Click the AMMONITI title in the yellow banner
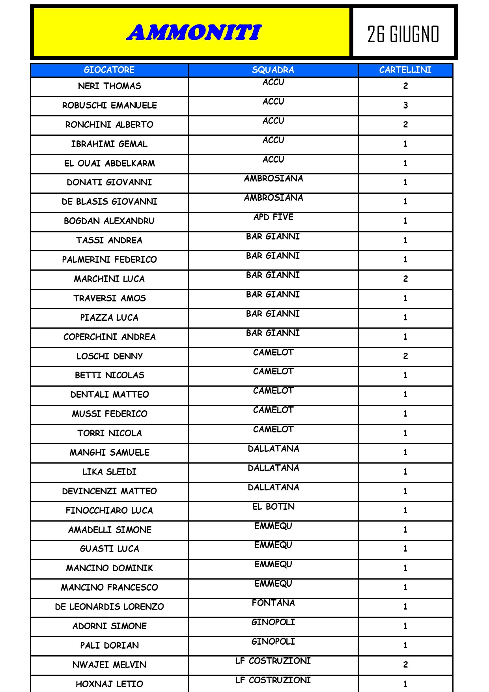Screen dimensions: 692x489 pos(194,33)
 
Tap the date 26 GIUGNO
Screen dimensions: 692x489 pos(403,34)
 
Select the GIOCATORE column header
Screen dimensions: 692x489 pos(109,70)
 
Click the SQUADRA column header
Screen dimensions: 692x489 pos(273,70)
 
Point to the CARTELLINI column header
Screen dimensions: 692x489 pos(405,70)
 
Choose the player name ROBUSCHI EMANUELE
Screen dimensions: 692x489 pos(109,105)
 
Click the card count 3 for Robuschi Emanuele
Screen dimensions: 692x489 pos(405,105)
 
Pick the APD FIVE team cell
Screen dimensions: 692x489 pos(273,217)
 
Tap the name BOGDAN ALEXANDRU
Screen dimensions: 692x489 pos(109,221)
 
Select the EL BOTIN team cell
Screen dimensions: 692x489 pos(273,507)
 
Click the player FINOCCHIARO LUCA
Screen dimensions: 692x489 pos(109,511)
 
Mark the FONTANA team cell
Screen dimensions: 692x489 pos(273,603)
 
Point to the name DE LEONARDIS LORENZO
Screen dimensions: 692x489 pos(109,607)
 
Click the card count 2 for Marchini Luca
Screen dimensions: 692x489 pos(405,279)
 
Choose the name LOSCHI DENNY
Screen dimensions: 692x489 pos(109,356)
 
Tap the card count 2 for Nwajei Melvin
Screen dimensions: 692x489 pos(405,665)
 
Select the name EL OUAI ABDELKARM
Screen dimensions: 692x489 pos(109,163)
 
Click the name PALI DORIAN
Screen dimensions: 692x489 pos(109,645)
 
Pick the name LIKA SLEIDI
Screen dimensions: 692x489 pos(109,472)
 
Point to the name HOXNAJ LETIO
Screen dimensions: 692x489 pos(109,684)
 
